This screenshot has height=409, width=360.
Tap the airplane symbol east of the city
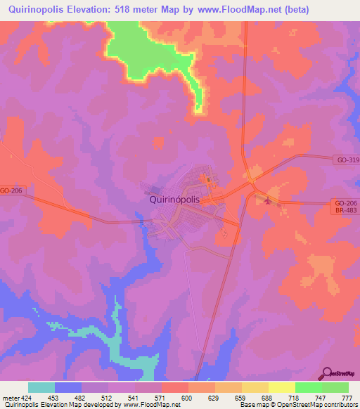click(264, 201)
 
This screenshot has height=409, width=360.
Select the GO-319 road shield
click(346, 160)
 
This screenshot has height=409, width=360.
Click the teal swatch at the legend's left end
click(41, 387)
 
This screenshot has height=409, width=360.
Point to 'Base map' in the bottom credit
click(251, 405)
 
